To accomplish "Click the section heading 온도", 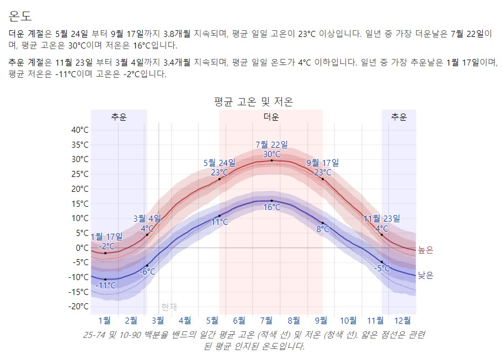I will coord(20,15).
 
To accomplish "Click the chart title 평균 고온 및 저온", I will coord(253,101).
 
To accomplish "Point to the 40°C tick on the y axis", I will coord(80,130).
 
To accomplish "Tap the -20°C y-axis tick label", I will coord(79,307).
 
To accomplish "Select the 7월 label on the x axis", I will coord(266,320).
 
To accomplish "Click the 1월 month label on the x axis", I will coord(104,320).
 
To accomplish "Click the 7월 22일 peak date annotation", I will coord(271,145).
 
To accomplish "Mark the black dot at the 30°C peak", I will coord(271,160).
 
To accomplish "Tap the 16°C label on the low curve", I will coord(271,208).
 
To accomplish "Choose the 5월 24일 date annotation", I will coord(219,163).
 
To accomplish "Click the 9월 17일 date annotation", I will coord(323,163).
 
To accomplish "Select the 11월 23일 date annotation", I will coord(382,219).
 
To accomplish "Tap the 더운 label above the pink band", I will coord(271,117).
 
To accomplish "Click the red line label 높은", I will coord(425,250).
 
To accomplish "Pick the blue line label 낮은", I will coord(425,275).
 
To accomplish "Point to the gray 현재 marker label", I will coord(169,307).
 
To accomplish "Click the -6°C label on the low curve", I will coord(147,272).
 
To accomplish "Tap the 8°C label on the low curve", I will coord(323,229).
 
